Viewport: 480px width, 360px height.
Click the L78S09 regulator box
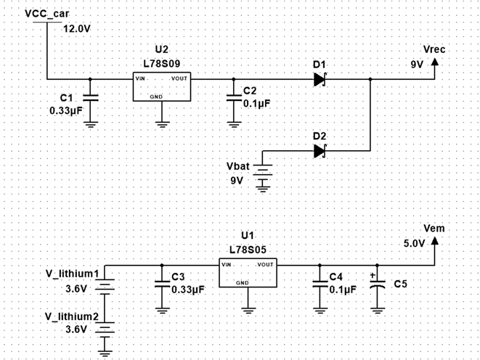(162, 86)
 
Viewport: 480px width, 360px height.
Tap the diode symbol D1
(320, 78)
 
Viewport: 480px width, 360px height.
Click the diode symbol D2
(320, 151)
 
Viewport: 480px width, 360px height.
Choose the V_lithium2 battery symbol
(106, 327)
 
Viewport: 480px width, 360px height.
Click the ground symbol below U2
(162, 123)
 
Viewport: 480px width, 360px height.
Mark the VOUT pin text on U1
(265, 264)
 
